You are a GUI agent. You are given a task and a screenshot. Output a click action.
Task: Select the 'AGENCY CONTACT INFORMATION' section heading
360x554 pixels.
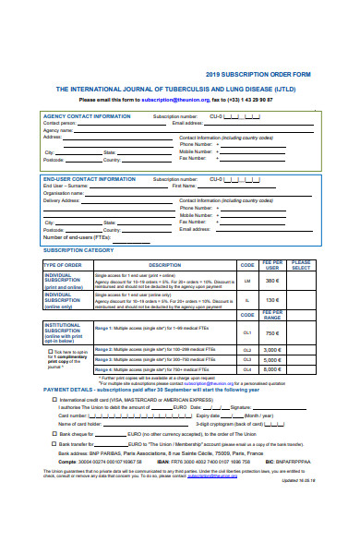(88, 116)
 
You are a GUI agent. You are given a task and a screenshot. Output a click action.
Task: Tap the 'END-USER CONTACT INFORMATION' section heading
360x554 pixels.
(90, 178)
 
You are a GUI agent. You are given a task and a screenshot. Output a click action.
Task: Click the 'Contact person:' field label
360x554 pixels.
(60, 123)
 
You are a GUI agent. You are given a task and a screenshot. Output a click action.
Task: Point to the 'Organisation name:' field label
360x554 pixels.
(64, 192)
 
